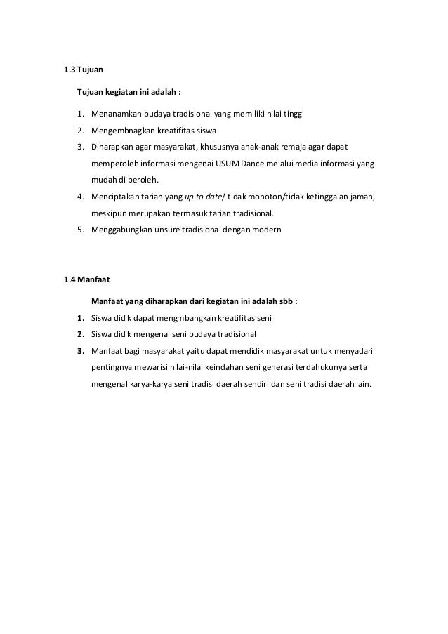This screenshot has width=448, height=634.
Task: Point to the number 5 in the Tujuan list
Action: pos(80,230)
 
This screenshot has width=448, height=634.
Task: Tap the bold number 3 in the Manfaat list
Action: pos(80,350)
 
